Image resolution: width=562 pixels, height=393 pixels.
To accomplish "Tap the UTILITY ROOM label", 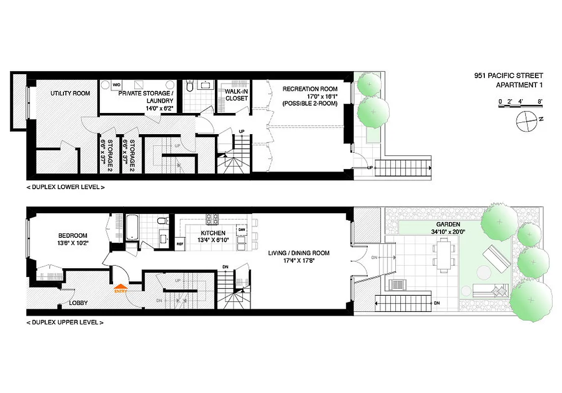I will pos(70,93).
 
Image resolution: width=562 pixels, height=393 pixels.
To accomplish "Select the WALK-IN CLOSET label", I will pos(237,95).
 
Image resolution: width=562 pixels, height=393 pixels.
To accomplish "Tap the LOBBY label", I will pos(78,303).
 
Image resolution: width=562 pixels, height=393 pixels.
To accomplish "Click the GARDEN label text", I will pos(447,224).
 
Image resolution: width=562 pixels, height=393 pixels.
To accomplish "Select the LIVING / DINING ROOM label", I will pos(299,253).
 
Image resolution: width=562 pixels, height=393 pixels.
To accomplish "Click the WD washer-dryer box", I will pos(117,85).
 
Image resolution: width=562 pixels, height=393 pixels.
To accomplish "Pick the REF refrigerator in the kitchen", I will pos(180,244).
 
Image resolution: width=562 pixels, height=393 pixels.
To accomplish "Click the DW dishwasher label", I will pos(241,229).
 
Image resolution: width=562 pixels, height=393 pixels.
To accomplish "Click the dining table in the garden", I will pos(444,254).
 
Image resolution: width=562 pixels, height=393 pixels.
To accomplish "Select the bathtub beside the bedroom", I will pos(132,227).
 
